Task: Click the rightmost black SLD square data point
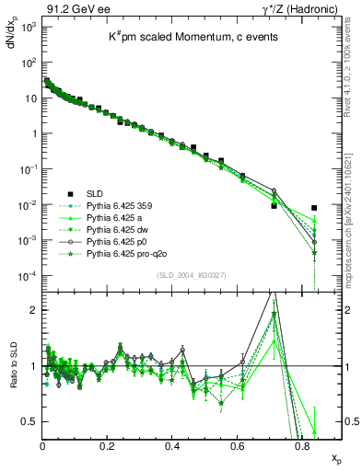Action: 315,208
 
